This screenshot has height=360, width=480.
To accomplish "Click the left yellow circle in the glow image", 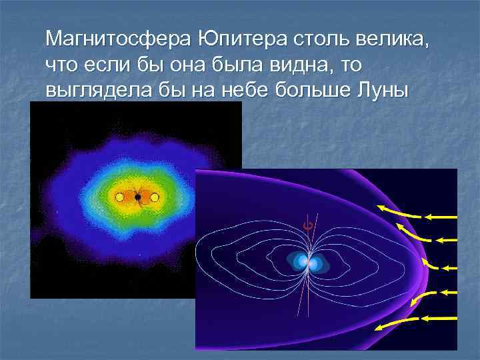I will tap(119, 197).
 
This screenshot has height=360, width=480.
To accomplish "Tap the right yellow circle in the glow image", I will tap(155, 197).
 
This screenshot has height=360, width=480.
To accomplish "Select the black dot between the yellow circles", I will tap(137, 197).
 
